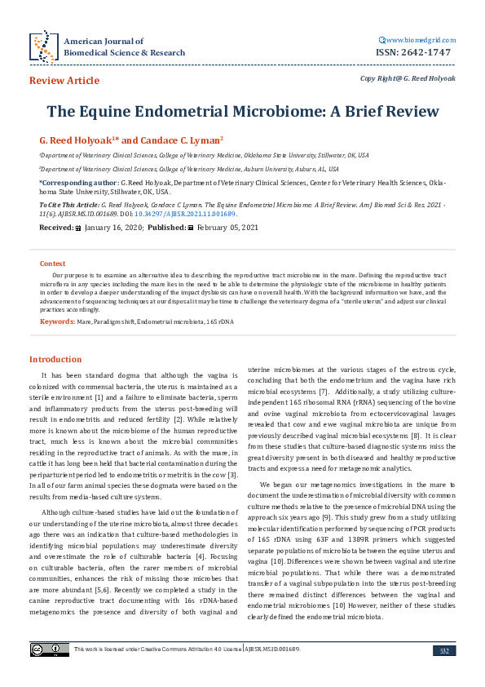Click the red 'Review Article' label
64,81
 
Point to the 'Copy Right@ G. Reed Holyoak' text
408,78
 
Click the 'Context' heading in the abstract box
53,264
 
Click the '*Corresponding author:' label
78,184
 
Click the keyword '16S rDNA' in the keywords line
219,322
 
